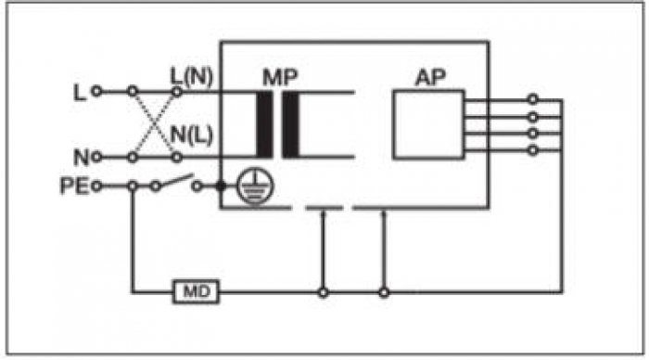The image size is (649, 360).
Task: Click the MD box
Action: pyautogui.click(x=196, y=292)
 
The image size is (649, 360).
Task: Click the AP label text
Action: pyautogui.click(x=430, y=77)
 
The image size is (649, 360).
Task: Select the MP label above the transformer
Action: pyautogui.click(x=280, y=77)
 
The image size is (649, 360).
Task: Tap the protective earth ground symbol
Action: pyautogui.click(x=255, y=187)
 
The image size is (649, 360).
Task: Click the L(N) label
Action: pyautogui.click(x=192, y=77)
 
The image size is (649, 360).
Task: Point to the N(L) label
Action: pyautogui.click(x=192, y=135)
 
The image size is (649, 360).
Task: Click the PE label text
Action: pyautogui.click(x=74, y=186)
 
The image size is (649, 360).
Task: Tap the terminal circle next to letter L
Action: pyautogui.click(x=96, y=91)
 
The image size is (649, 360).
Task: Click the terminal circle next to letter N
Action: pyautogui.click(x=96, y=157)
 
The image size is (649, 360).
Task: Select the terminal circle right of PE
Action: pyautogui.click(x=96, y=186)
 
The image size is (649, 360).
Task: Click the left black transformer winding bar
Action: pyautogui.click(x=264, y=124)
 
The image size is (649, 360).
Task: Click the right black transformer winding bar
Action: pyautogui.click(x=290, y=124)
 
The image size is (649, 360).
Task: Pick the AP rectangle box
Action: pyautogui.click(x=428, y=124)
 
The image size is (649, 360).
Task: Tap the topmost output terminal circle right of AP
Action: pyautogui.click(x=533, y=99)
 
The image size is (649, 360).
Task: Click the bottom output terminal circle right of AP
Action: pyautogui.click(x=533, y=150)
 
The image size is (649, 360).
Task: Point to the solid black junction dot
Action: pyautogui.click(x=221, y=186)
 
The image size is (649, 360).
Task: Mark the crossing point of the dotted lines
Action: pyautogui.click(x=155, y=124)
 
